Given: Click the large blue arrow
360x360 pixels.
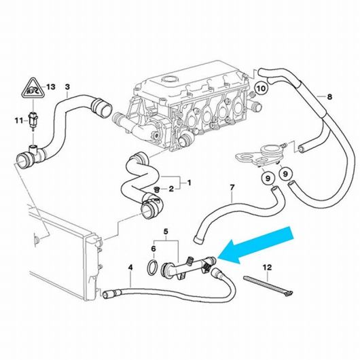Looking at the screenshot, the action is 255,245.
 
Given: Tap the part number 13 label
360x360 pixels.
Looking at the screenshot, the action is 51,87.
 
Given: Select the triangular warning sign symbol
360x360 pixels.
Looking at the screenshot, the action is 33,88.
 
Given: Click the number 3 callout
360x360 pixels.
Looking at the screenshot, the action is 67,87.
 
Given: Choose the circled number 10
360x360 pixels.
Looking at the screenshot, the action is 261,88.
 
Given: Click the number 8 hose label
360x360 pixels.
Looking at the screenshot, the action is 329,97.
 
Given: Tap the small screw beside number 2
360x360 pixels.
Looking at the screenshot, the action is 157,189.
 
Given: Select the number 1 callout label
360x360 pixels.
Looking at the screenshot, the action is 189,183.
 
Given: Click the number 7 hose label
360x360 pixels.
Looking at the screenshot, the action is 232,187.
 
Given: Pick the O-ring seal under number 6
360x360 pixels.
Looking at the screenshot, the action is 152,268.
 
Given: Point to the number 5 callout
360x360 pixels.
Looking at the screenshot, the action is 166,232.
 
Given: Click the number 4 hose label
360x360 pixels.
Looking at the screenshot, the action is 130,268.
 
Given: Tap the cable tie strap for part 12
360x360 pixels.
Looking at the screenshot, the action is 268,286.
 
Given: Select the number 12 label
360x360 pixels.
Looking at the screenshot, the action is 268,267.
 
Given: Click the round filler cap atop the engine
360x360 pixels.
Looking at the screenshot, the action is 170,80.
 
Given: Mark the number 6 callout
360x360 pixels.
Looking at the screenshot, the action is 154,249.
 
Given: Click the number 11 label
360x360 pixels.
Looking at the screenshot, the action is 19,120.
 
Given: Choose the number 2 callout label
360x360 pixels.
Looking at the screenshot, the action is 171,189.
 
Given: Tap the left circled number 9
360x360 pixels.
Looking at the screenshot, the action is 268,178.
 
